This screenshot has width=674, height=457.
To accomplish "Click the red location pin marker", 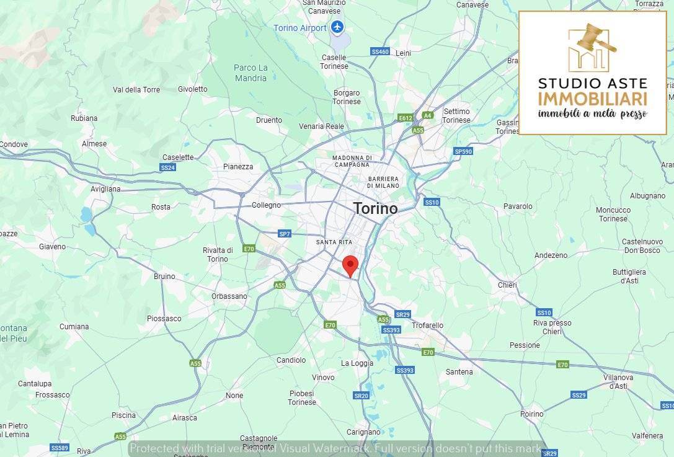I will (350, 265).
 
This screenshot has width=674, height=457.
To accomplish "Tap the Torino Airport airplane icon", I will (337, 27).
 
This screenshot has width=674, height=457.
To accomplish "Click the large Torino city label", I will (375, 208).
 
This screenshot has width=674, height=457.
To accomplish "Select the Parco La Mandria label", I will (251, 73).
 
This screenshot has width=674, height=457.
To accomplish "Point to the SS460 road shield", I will (380, 51).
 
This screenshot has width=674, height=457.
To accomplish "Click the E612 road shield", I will (406, 117).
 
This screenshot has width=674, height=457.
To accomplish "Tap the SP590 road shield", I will (463, 151).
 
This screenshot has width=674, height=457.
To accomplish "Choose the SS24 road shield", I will (168, 167).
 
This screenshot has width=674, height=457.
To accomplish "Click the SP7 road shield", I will (285, 234).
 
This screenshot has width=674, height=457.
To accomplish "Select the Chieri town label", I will (507, 285).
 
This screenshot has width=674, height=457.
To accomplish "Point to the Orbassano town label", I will (229, 296).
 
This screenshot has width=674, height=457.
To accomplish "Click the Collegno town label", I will (266, 205).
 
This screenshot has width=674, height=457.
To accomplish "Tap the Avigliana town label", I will (105, 189).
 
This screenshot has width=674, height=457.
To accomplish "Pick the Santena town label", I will (459, 372).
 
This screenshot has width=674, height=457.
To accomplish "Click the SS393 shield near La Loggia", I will (404, 370).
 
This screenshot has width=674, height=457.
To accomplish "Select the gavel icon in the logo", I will (595, 40).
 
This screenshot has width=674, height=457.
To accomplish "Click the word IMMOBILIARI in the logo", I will (592, 99).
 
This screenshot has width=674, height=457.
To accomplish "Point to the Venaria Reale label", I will (321, 126).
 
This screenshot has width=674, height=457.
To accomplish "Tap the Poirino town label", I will (532, 414).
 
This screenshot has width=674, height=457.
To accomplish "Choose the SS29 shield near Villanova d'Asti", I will (579, 395).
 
